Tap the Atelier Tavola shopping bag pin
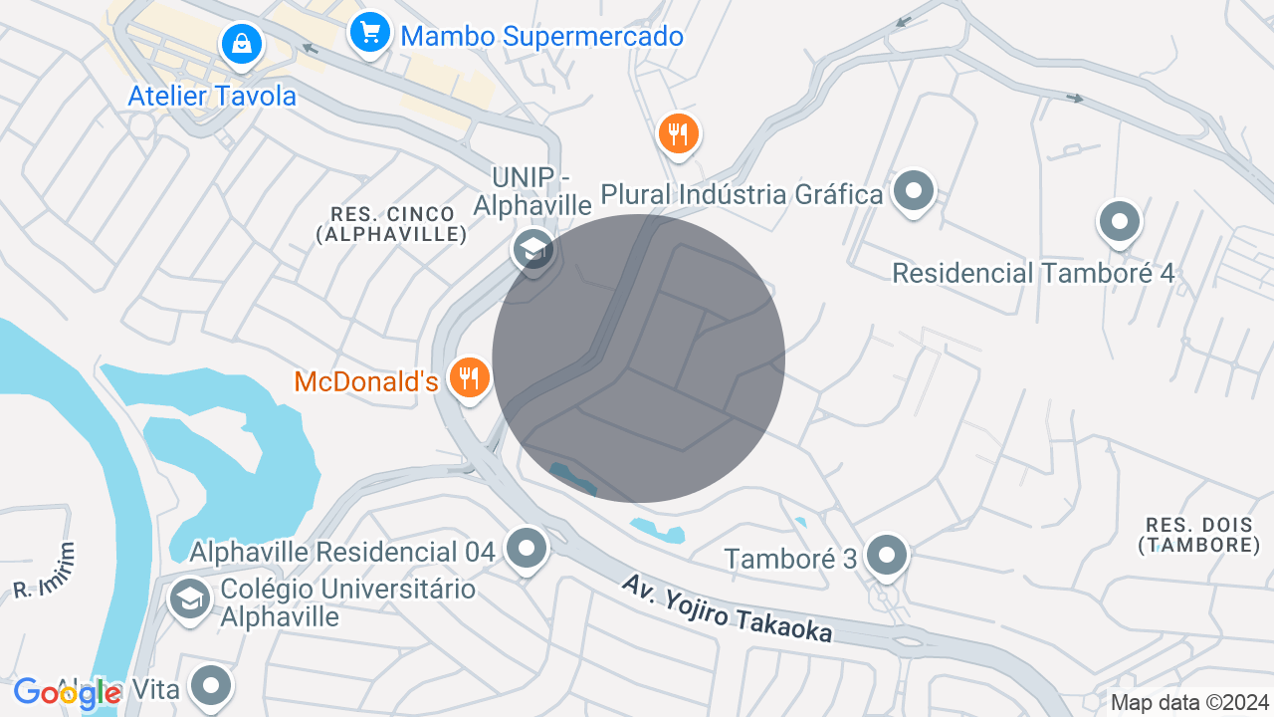pyautogui.click(x=242, y=43)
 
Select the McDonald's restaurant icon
pyautogui.click(x=469, y=377)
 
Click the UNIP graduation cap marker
pyautogui.click(x=533, y=249)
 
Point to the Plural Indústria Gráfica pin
pyautogui.click(x=913, y=190)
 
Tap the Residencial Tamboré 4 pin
pyautogui.click(x=1119, y=221)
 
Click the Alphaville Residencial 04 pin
pyautogui.click(x=526, y=548)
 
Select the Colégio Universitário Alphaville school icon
pyautogui.click(x=188, y=598)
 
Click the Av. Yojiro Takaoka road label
pyautogui.click(x=726, y=608)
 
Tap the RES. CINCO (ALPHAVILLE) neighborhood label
pyautogui.click(x=391, y=224)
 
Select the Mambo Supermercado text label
pyautogui.click(x=541, y=37)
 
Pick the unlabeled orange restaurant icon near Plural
pyautogui.click(x=679, y=132)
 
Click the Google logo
pyautogui.click(x=68, y=693)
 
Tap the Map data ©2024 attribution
pyautogui.click(x=1189, y=702)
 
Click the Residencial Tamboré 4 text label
pyautogui.click(x=1033, y=273)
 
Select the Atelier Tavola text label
pyautogui.click(x=213, y=96)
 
